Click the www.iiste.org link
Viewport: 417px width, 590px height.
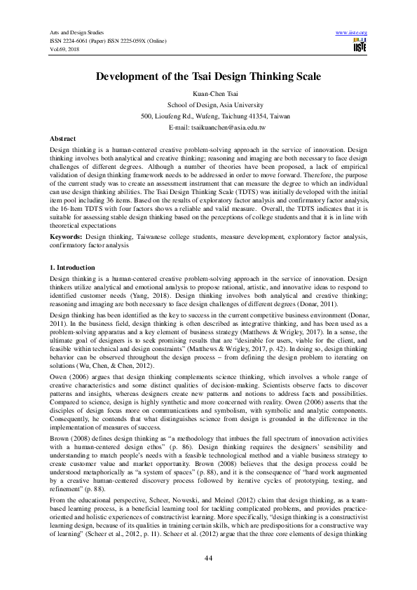click(x=352, y=33)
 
